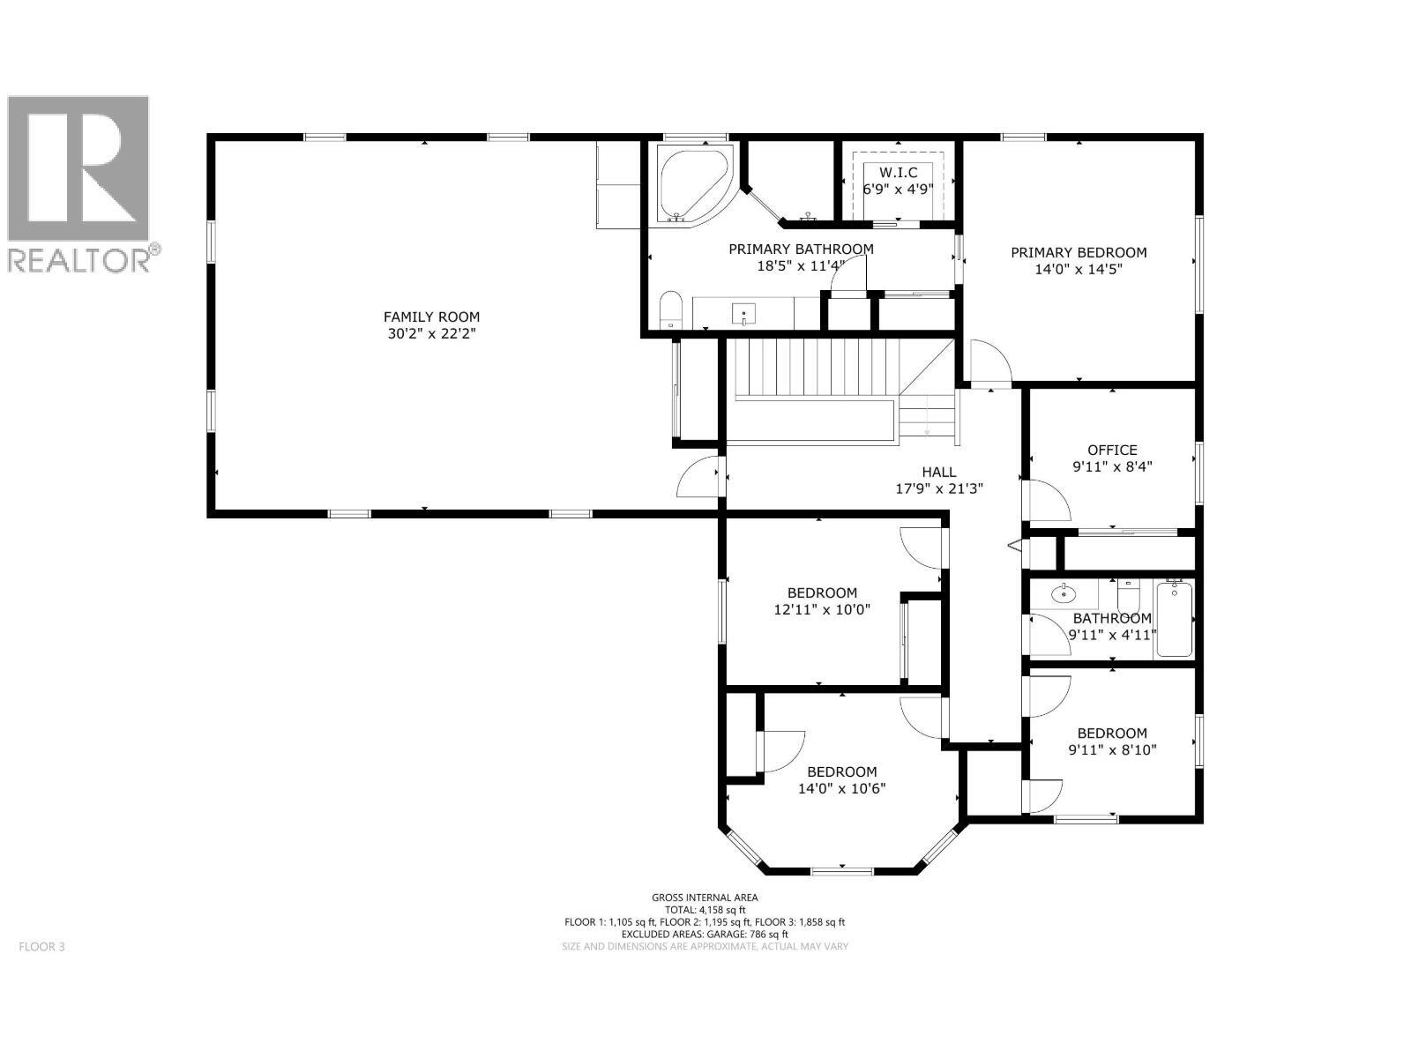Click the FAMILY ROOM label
coord(431,317)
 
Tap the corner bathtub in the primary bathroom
coord(691,184)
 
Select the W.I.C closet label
coord(897,173)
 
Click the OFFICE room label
coord(1111,450)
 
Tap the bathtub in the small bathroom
coord(1173,619)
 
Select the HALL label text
coord(938,473)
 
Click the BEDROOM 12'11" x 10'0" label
coord(821,593)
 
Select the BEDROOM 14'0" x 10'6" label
coord(841,771)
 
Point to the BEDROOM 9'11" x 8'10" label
coord(1111,734)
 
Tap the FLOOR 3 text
coord(41,947)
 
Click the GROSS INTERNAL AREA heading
coord(704,898)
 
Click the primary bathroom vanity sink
coord(745,313)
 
